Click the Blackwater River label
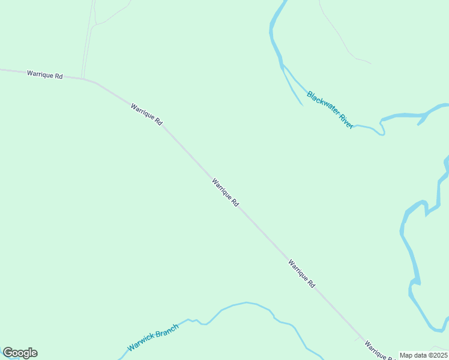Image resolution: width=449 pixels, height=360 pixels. click(330, 109)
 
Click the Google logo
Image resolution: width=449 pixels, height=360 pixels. click(20, 353)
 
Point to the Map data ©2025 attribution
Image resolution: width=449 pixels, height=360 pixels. click(423, 355)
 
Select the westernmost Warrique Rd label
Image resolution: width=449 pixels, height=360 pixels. click(44, 75)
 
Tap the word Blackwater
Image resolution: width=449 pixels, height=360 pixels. click(321, 102)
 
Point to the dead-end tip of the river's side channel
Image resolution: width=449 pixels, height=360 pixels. click(301, 105)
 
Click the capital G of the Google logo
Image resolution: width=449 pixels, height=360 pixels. click(8, 353)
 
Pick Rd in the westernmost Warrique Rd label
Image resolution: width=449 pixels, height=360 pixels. click(59, 76)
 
